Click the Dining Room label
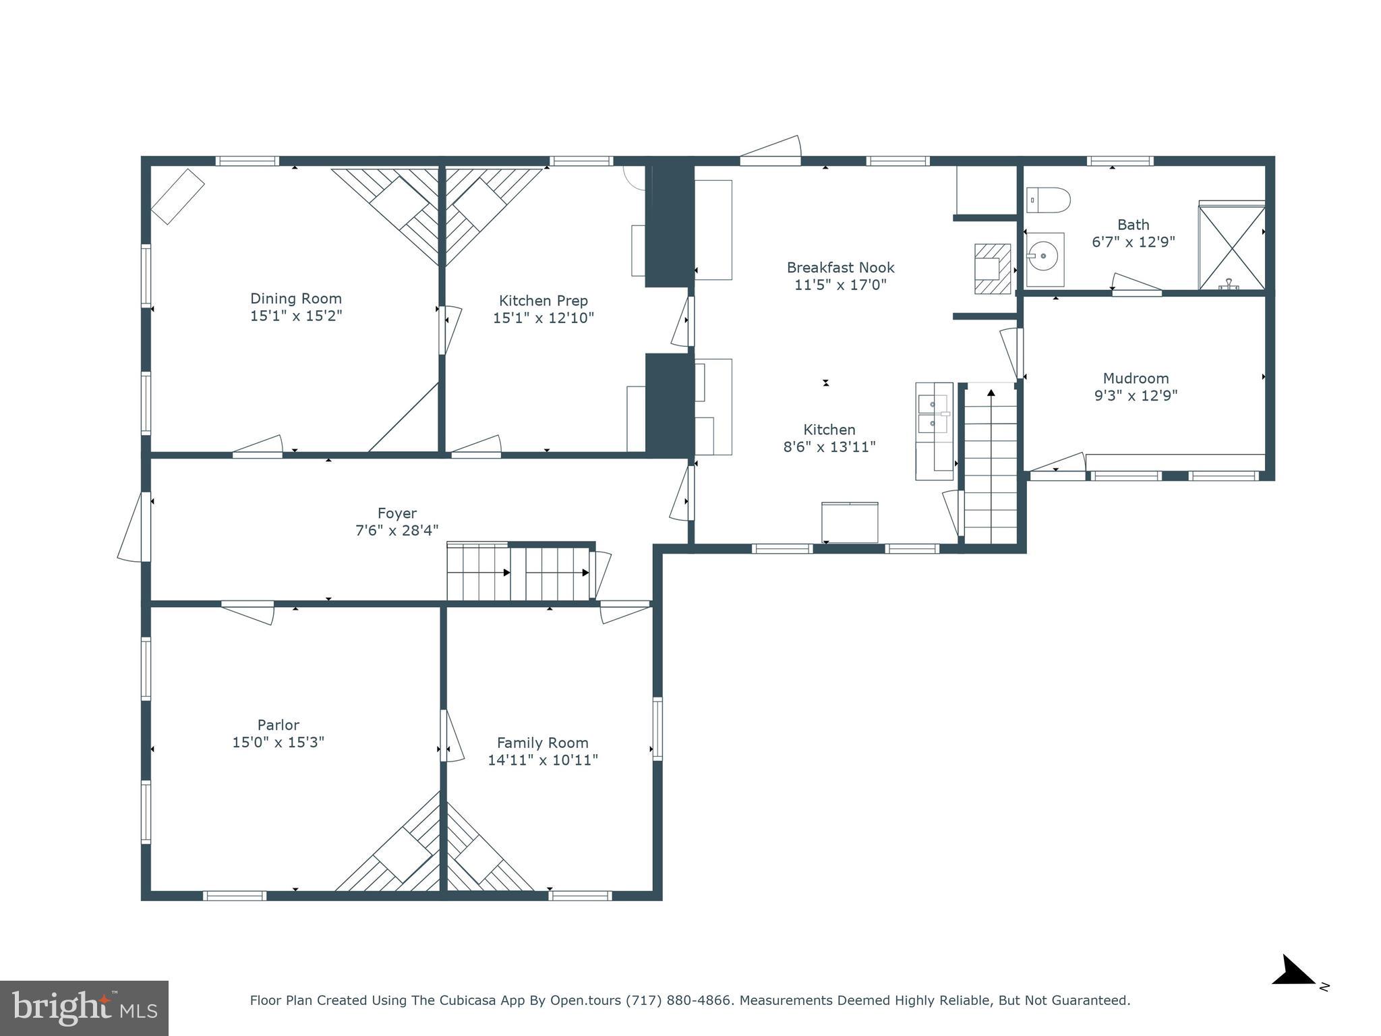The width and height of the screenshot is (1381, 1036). (296, 298)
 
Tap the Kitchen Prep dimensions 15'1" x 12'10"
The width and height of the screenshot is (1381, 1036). (543, 318)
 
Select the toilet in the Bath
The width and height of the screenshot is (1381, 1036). (1048, 200)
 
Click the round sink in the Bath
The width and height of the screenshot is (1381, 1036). (1045, 256)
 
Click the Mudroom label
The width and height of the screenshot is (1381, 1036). (1136, 378)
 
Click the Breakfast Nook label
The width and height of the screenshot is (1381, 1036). (840, 268)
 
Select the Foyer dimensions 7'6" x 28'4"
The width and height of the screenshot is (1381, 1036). (396, 531)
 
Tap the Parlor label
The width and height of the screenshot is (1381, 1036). (278, 725)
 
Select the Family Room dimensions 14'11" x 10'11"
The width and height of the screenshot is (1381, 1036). (543, 760)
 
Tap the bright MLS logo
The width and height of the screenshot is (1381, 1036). (84, 1008)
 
